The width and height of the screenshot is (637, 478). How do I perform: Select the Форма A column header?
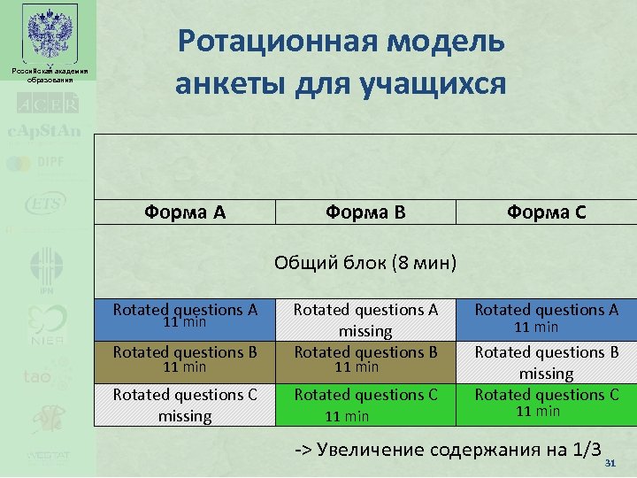point(186,212)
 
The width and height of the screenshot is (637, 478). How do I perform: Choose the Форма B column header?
point(365,212)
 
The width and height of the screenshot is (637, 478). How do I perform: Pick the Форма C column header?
point(546,212)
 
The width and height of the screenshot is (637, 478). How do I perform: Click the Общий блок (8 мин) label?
point(365,263)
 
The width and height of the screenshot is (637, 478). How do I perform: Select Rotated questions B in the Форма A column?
point(186,358)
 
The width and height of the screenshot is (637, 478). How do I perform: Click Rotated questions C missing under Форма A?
point(186,405)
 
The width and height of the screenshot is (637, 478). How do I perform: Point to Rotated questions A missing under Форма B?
point(365,320)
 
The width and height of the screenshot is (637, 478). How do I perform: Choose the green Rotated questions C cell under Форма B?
point(365,405)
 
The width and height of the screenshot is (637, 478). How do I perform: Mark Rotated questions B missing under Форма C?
point(546,362)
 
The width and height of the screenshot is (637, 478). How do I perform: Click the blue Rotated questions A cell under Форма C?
point(546,317)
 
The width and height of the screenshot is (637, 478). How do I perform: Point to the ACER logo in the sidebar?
point(46,104)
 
